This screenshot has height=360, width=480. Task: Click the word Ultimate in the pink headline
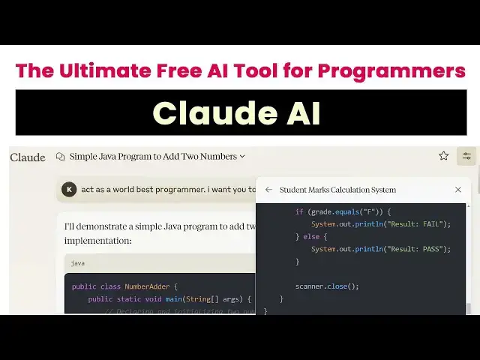(x=104, y=71)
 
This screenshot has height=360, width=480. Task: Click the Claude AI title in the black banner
(x=237, y=113)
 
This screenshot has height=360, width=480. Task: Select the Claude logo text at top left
(x=28, y=157)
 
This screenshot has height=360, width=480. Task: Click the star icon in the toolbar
(x=443, y=156)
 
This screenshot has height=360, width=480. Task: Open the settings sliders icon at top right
(x=466, y=156)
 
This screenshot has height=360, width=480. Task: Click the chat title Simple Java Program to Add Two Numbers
(x=153, y=157)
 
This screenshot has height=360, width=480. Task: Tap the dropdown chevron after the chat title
(x=242, y=157)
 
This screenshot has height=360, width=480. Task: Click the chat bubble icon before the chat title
(x=60, y=157)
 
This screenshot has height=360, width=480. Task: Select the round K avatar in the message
(x=69, y=190)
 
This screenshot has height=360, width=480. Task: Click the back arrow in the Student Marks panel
(x=268, y=190)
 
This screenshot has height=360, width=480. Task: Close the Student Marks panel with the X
(x=458, y=190)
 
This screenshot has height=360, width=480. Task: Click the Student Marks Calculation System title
(x=337, y=190)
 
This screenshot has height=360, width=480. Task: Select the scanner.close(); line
(x=327, y=286)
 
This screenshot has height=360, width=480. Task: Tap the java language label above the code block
(x=78, y=263)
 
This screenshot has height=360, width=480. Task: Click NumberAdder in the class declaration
(x=146, y=286)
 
